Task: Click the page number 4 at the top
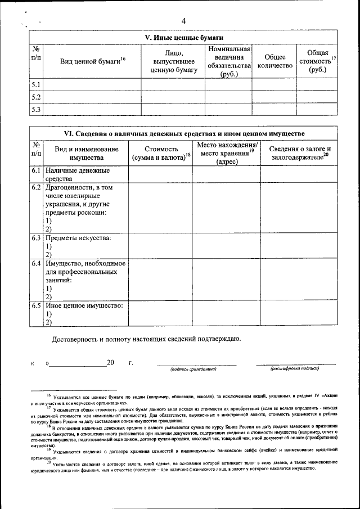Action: pos(183,21)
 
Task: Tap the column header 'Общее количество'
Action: pos(274,61)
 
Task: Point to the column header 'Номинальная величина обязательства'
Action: pos(228,61)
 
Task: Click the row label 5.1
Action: pos(36,85)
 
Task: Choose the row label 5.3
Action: pos(36,109)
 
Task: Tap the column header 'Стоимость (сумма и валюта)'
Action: pos(161,153)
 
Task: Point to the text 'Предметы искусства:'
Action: pos(78,238)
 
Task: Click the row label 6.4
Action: pos(36,263)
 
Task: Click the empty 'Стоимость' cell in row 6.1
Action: pos(161,174)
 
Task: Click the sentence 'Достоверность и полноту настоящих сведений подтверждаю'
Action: pos(146,339)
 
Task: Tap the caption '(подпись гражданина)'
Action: pos(193,369)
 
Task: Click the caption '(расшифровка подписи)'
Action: pos(295,369)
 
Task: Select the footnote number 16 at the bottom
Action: pos(48,396)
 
